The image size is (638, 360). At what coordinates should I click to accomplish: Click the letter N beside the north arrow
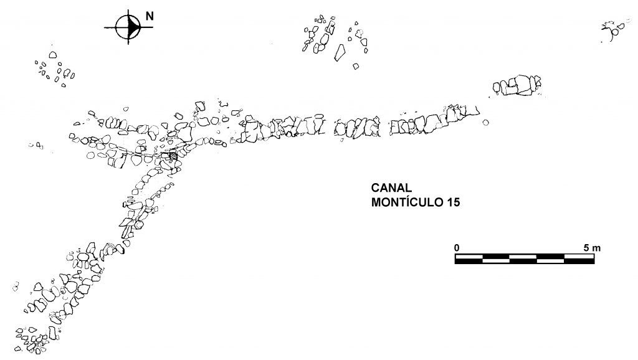click(150, 17)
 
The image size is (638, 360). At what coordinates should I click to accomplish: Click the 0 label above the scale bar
click(457, 247)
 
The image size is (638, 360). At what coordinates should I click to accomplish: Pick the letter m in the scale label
click(596, 248)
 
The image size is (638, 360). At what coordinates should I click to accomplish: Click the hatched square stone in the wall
click(173, 156)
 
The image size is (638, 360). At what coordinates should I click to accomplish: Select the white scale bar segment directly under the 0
click(469, 255)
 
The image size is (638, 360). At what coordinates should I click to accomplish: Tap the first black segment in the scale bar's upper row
click(496, 255)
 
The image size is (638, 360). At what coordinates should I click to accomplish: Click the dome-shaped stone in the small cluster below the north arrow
click(52, 55)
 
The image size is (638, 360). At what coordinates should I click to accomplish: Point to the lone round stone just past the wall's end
click(486, 122)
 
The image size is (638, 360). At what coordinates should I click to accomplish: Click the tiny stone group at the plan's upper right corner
click(613, 28)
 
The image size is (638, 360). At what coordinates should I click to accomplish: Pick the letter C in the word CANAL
click(376, 188)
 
